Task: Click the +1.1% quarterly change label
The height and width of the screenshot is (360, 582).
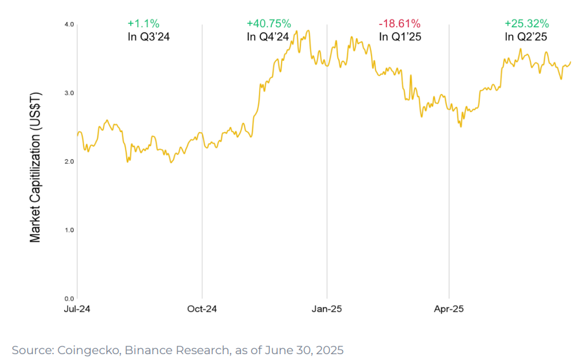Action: [140, 24]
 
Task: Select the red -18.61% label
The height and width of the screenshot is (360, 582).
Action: [399, 24]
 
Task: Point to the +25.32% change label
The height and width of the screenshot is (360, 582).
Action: [526, 24]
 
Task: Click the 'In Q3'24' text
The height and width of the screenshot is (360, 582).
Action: [149, 37]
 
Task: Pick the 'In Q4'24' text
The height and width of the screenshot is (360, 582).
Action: [267, 37]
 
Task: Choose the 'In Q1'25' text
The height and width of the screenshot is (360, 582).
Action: [400, 37]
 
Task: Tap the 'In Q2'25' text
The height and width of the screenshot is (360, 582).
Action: [526, 37]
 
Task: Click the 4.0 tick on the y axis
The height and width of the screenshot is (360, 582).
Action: [69, 25]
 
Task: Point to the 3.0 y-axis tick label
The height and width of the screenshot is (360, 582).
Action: [69, 93]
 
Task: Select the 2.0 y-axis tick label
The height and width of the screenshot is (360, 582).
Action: [69, 161]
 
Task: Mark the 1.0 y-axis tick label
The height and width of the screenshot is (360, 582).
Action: [69, 230]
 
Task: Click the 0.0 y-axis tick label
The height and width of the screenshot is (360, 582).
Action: [69, 298]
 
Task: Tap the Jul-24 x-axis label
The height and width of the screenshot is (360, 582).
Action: [76, 309]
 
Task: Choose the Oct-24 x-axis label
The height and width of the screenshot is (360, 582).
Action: [202, 309]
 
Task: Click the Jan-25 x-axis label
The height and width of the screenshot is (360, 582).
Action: [327, 309]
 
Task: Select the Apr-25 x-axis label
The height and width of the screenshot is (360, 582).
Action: [449, 309]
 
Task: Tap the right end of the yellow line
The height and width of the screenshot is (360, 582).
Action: [570, 62]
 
